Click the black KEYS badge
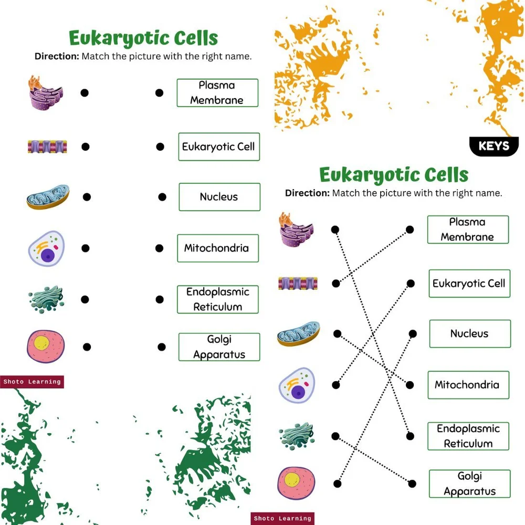pos(494,146)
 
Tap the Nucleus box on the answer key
pos(469,333)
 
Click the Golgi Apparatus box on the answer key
pos(469,484)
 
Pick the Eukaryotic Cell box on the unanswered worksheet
pos(218,146)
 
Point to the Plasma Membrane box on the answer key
pos(467,229)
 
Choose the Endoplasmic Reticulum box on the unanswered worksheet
pos(217,299)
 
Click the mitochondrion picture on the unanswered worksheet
pos(48,197)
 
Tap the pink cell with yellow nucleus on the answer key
pos(298,482)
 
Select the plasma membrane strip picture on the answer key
pos(298,283)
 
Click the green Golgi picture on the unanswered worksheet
pos(46,299)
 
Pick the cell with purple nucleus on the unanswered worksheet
pos(46,248)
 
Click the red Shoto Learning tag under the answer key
pos(282,518)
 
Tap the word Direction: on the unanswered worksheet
pos(57,56)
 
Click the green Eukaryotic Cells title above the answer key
pos(394,174)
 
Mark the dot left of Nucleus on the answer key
pos(413,333)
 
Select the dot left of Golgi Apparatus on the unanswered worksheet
pos(162,346)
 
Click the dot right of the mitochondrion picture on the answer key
pos(338,333)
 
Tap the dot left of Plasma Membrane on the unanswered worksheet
pos(159,93)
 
